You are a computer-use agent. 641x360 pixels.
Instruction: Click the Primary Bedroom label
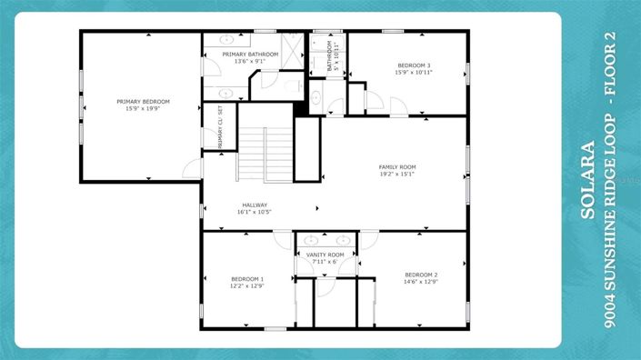coord(143,101)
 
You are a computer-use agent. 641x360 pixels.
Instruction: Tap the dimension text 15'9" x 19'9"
coord(143,108)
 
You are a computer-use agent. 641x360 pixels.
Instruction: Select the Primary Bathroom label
coord(250,55)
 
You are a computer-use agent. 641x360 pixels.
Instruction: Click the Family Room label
coord(396,167)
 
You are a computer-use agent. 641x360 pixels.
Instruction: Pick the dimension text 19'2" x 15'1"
coord(396,175)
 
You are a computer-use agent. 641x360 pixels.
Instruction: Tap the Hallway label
coord(255,205)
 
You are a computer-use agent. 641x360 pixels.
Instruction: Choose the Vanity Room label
coord(325,255)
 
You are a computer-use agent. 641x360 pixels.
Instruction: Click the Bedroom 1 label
coord(247,278)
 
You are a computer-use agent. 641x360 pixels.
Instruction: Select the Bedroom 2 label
coord(421,275)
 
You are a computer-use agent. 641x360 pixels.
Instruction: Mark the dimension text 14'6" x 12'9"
coord(421,282)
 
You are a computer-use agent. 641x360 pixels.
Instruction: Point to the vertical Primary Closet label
coord(220,125)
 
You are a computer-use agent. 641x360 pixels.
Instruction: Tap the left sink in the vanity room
coord(310,242)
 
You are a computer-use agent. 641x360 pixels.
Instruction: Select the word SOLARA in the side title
coord(588,180)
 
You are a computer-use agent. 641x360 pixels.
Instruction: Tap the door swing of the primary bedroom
coord(192,168)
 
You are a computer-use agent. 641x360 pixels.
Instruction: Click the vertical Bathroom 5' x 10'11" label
coord(334,55)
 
